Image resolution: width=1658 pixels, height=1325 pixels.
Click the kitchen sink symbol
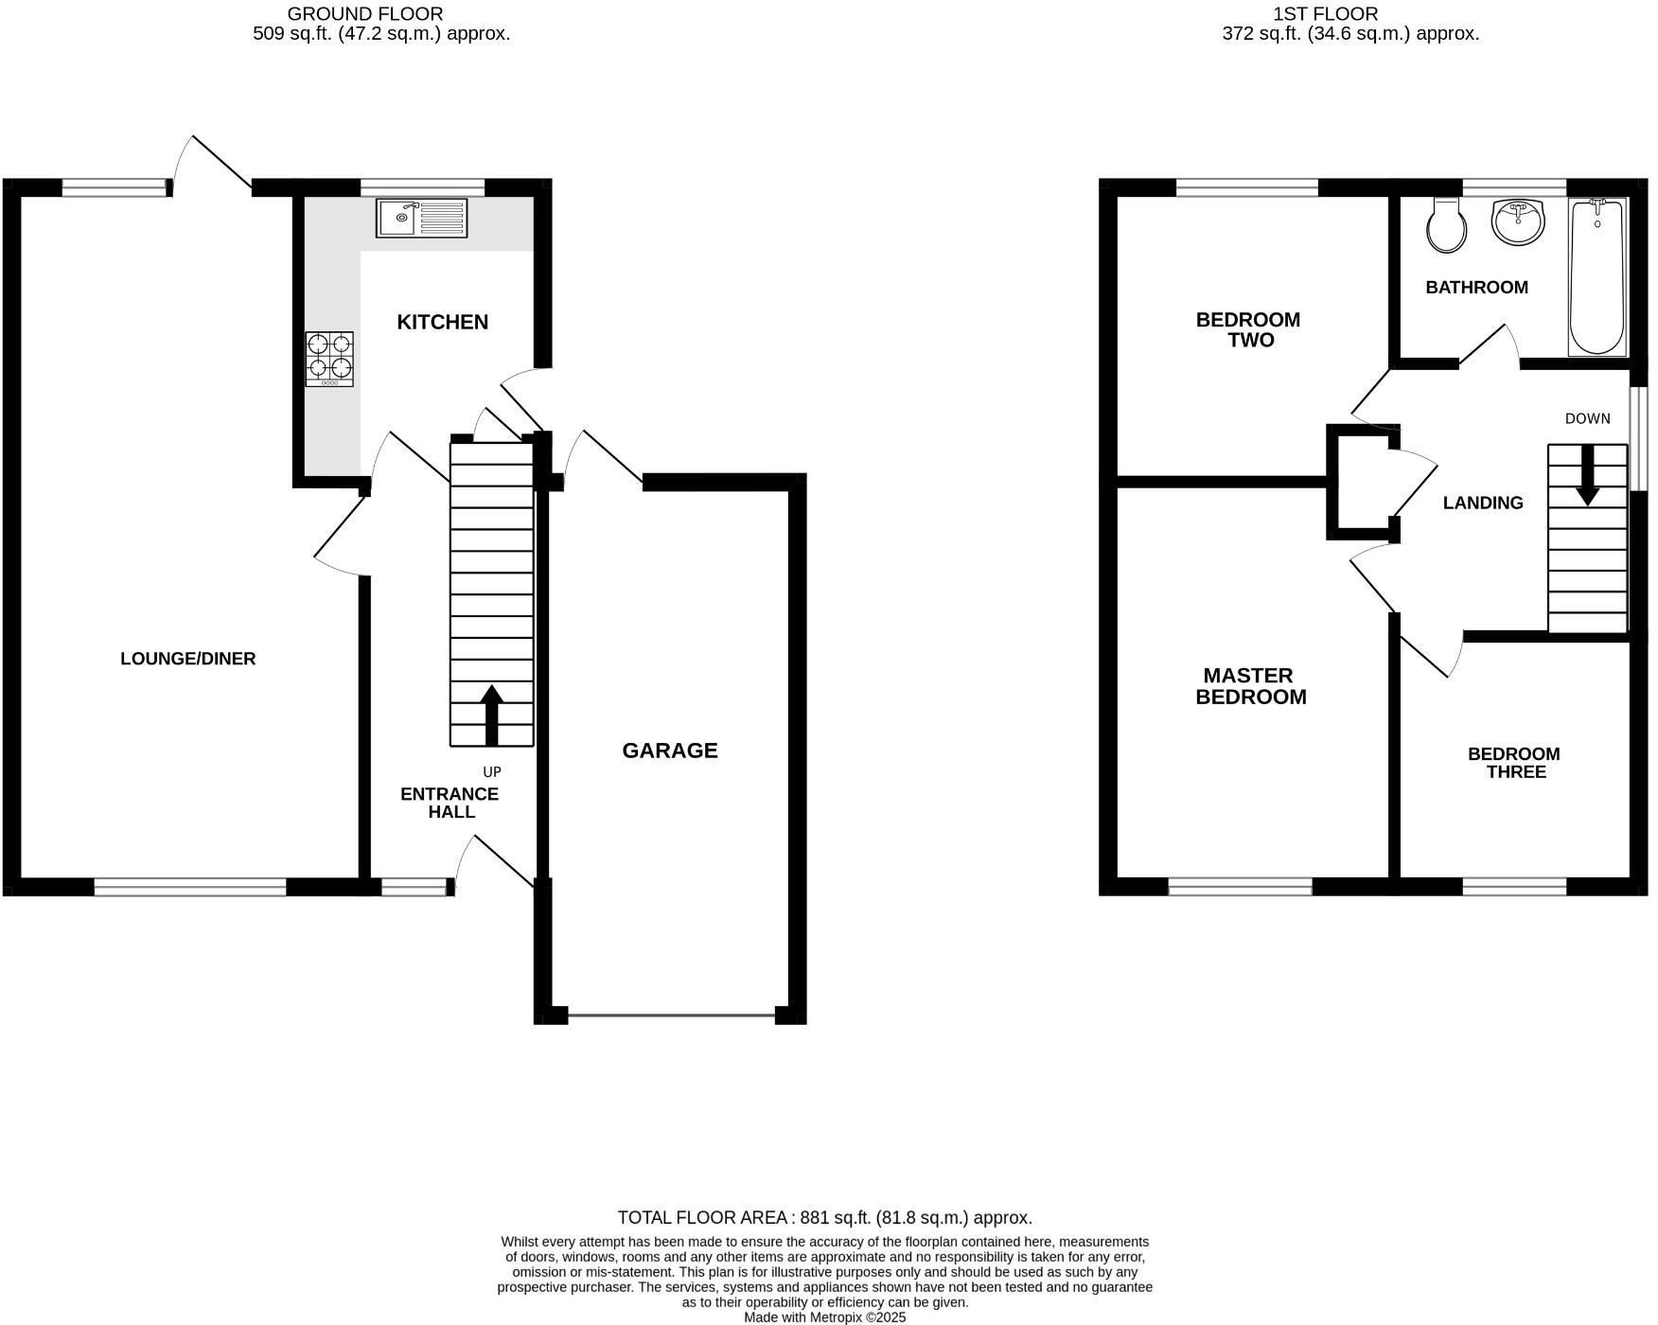pos(421,218)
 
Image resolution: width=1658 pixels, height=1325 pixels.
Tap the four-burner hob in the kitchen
pos(328,359)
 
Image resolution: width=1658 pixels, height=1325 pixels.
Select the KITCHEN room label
pos(442,322)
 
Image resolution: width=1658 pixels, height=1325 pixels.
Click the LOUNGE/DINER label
pos(187,659)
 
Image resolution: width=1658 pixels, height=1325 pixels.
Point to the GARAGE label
pos(669,751)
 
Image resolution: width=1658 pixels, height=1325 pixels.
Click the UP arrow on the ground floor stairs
pos(491,715)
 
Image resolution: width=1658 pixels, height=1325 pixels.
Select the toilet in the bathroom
pos(1446,225)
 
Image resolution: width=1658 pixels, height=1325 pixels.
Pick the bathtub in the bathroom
pos(1597,276)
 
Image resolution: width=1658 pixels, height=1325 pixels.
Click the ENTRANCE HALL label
pos(450,803)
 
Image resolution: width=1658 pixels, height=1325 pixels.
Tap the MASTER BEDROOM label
pos(1250,686)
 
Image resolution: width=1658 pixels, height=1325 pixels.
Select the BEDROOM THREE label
pos(1513,763)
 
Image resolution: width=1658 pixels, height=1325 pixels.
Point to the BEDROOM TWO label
pos(1249,329)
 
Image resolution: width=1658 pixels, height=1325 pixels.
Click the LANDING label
pos(1482,503)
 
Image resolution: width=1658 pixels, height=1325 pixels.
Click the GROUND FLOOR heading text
pos(364,13)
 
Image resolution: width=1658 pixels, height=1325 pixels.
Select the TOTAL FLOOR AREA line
pos(823,1218)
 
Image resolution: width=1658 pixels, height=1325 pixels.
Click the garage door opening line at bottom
pos(670,1016)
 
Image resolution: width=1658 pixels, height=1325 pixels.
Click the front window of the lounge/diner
pos(189,887)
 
